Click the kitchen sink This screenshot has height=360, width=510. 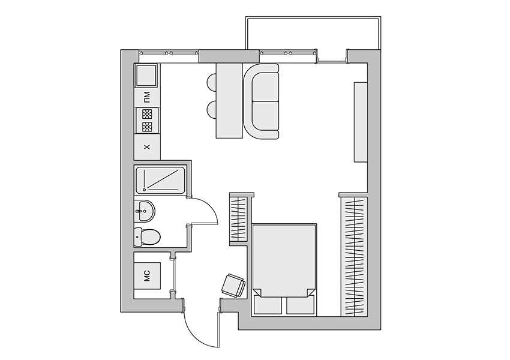click(146, 75)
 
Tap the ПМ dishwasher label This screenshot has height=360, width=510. click(147, 97)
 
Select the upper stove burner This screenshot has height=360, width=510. click(147, 114)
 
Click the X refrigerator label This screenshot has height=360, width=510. click(147, 147)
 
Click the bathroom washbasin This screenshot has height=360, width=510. click(145, 211)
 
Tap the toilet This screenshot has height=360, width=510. click(146, 236)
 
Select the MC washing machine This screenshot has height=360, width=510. click(148, 276)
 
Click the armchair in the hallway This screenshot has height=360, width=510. click(233, 285)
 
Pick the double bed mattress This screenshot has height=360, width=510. click(284, 260)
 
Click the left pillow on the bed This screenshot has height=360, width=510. click(268, 305)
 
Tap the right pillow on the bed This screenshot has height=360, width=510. click(301, 305)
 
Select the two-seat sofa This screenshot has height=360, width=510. click(261, 101)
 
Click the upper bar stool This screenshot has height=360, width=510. click(212, 82)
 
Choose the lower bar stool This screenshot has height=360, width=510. click(212, 110)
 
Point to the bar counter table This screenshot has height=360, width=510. click(229, 101)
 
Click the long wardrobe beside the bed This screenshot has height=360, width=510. click(354, 257)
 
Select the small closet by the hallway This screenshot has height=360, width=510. click(239, 220)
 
